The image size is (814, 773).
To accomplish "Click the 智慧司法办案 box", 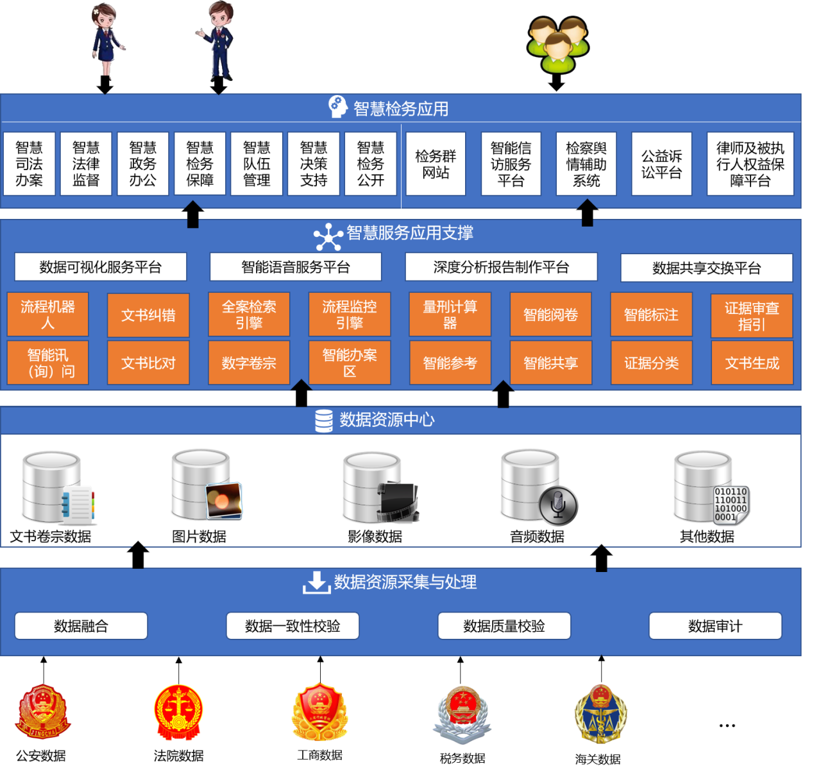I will point(29,164).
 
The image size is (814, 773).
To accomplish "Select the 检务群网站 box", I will point(436,164).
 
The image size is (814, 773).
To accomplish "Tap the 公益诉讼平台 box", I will point(661,164).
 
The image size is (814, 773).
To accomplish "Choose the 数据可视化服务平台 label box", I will point(101,267).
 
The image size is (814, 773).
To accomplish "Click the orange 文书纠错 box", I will point(148,315).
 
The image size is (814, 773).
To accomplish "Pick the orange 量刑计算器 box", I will point(450,315).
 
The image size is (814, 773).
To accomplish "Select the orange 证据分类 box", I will point(651,363).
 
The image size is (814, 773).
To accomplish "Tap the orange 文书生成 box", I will point(752,363).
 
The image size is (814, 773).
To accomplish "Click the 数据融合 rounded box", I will point(81,626).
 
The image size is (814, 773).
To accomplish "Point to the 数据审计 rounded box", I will point(715,626).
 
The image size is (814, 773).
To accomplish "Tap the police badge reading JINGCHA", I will point(43,711).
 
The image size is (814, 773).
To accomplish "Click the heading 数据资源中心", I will point(387,420).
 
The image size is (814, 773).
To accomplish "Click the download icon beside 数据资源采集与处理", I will point(316,582).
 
